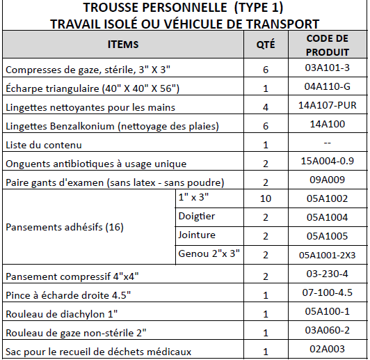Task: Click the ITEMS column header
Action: pos(123,45)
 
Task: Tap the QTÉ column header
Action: pos(266,45)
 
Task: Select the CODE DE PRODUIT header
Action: pos(327,45)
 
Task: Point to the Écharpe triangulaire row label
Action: pos(92,88)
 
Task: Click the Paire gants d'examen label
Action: pos(115,182)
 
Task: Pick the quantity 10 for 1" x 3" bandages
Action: pos(266,198)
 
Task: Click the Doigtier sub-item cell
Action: pos(198,217)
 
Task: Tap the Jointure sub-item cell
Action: pos(198,235)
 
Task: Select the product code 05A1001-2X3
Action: pos(327,254)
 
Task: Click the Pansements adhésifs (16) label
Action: pos(56,227)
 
